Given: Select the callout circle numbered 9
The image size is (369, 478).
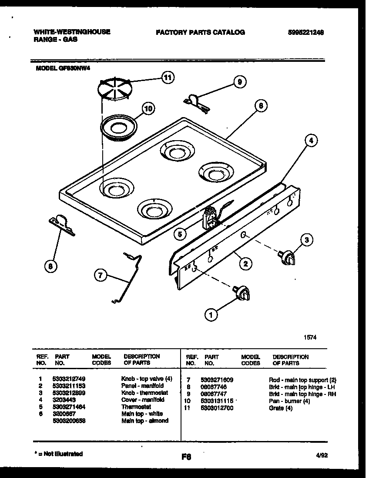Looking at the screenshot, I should [x=239, y=82].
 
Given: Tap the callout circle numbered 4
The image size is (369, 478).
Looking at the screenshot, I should [x=310, y=140].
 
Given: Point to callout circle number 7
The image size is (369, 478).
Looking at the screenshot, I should [x=101, y=275].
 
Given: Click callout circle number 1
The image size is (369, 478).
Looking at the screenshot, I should [x=211, y=314].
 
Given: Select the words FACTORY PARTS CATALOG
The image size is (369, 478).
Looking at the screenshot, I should [x=200, y=32].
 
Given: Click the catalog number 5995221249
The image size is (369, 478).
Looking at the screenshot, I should [x=305, y=32].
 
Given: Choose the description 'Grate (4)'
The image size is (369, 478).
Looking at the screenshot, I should [x=281, y=408].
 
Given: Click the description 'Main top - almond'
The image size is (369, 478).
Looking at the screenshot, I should [x=144, y=421].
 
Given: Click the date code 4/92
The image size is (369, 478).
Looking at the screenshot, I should [x=322, y=455].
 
